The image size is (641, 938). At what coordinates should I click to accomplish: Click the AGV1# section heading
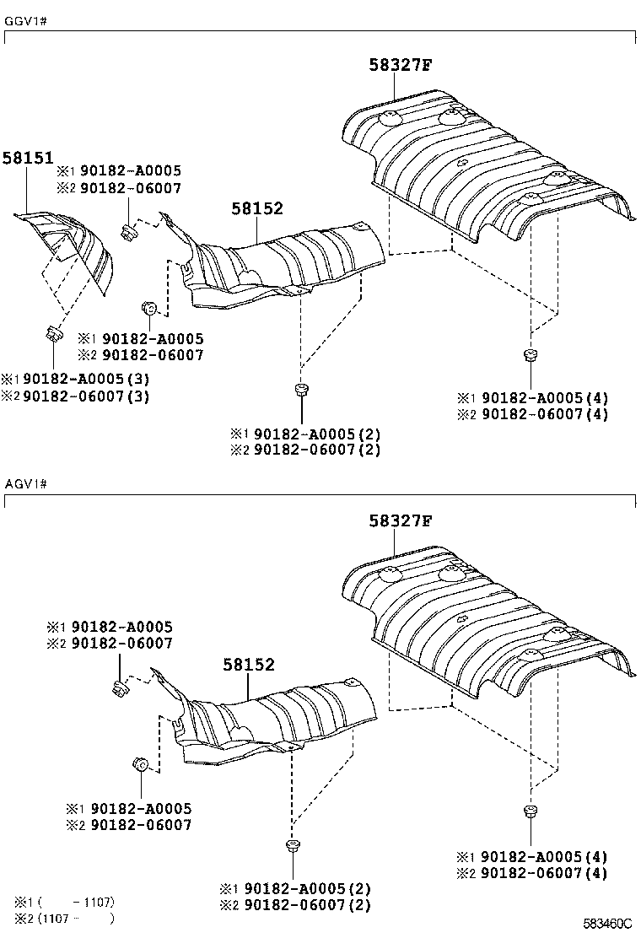click(24, 484)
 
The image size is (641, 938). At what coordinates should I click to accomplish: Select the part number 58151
click(27, 158)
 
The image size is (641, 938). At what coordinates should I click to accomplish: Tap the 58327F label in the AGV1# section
click(400, 521)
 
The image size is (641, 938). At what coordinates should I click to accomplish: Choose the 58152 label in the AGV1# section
click(249, 665)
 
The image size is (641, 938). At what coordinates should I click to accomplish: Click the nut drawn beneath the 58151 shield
click(52, 333)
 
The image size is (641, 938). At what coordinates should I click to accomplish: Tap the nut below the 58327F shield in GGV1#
click(530, 354)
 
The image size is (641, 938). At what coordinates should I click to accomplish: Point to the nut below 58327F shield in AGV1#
click(530, 811)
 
